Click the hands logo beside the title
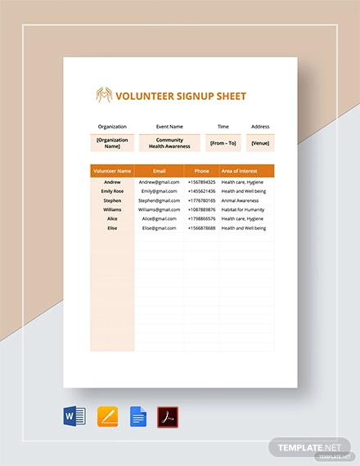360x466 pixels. [105, 96]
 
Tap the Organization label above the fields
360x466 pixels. [112, 127]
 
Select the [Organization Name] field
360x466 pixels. [112, 143]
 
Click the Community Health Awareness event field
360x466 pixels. [170, 143]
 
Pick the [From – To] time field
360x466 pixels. [222, 143]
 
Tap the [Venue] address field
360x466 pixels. [260, 143]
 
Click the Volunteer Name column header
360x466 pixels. [112, 171]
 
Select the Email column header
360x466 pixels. [159, 171]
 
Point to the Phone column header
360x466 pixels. [201, 171]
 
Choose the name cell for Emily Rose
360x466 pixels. [112, 190]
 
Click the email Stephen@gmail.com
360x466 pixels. [159, 200]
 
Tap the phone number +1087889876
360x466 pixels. [201, 209]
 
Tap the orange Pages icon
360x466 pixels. [107, 417]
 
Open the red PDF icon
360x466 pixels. [168, 417]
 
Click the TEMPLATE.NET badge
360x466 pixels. [309, 447]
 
